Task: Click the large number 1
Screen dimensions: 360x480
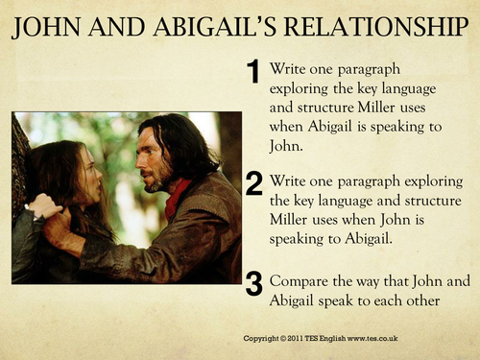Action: (x=253, y=72)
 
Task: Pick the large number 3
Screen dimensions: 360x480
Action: (x=253, y=284)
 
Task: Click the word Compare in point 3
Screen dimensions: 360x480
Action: (x=300, y=282)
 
